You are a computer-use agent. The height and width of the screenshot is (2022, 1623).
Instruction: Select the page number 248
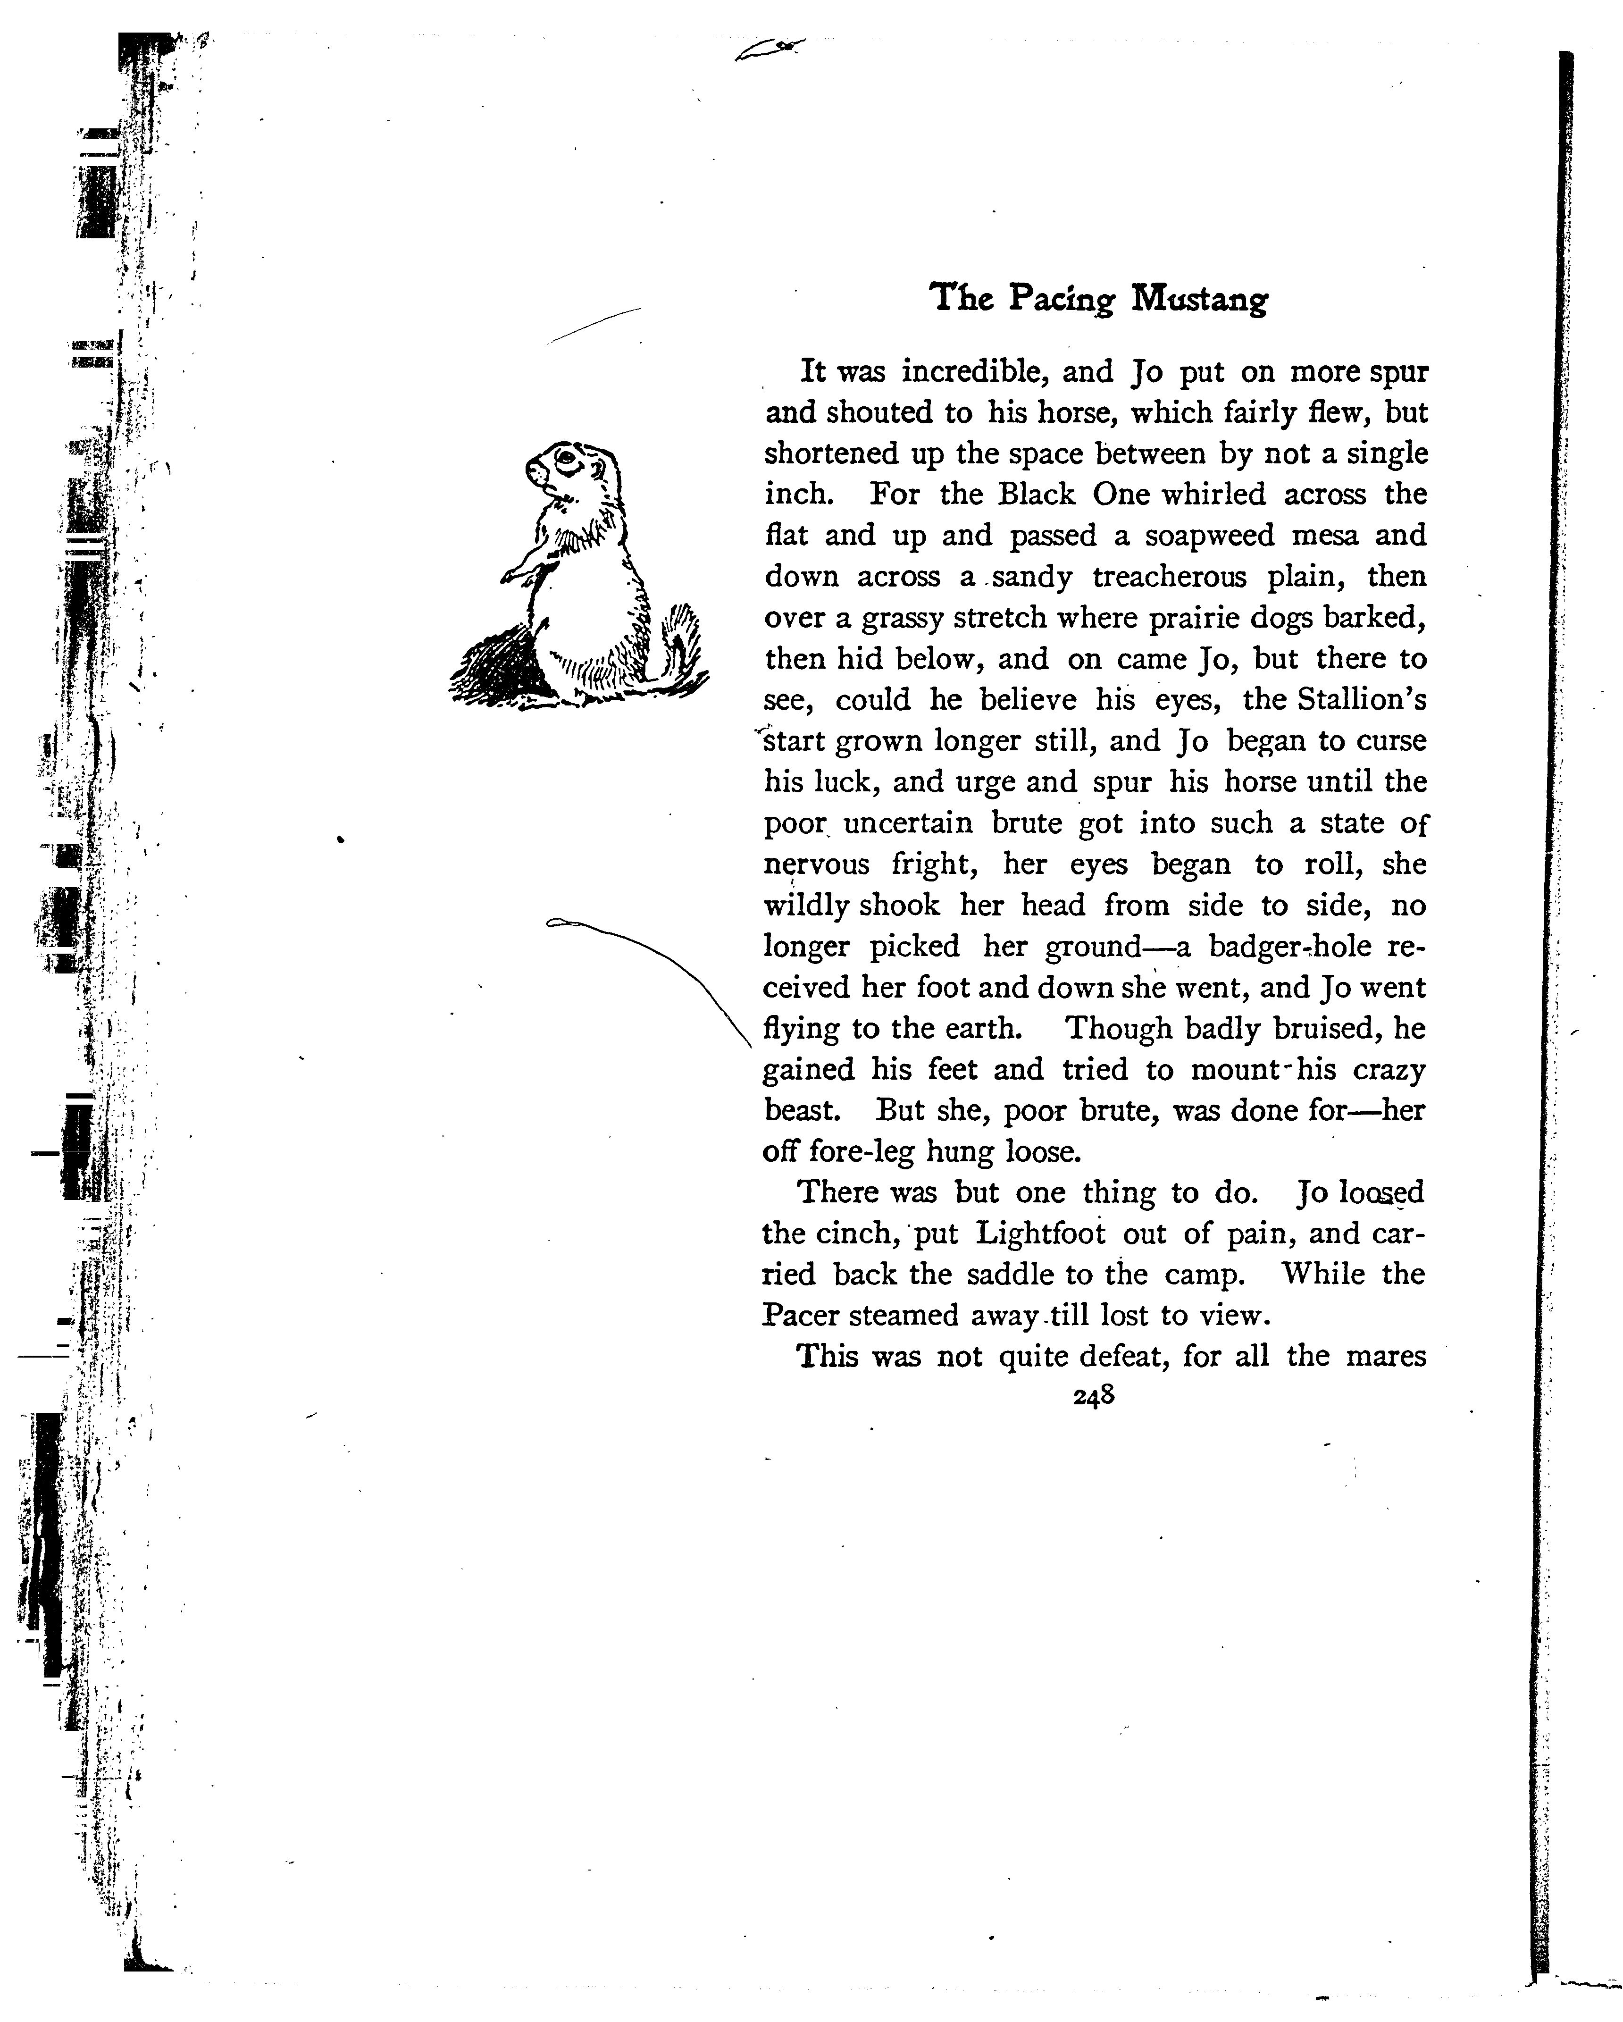pyautogui.click(x=1094, y=1395)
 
